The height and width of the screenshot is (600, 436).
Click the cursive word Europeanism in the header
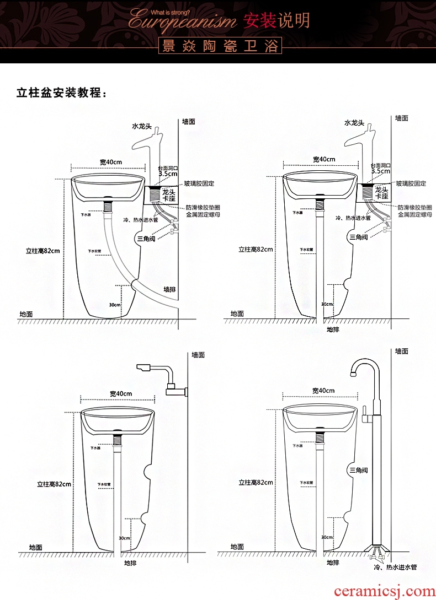pos(182,21)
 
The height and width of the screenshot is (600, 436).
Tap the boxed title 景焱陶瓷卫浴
pos(219,46)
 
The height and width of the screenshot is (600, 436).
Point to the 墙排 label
pos(170,289)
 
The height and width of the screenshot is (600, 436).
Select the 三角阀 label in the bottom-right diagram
pos(358,470)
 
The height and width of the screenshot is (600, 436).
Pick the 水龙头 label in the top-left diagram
pos(142,126)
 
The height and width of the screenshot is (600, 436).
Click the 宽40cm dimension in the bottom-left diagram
pos(120,393)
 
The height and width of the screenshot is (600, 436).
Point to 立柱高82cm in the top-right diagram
pos(256,249)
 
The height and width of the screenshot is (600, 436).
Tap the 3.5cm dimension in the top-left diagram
pos(168,173)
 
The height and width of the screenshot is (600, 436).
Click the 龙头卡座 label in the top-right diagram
pos(381,193)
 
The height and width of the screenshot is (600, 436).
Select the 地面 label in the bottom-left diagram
pos(36,547)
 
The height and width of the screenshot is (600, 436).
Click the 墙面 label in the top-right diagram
pos(401,118)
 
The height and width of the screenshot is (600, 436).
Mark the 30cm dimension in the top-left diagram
pos(115,305)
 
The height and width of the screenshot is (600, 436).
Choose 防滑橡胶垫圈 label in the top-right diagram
pos(414,207)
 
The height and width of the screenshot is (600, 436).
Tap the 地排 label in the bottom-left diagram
pos(130,563)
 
